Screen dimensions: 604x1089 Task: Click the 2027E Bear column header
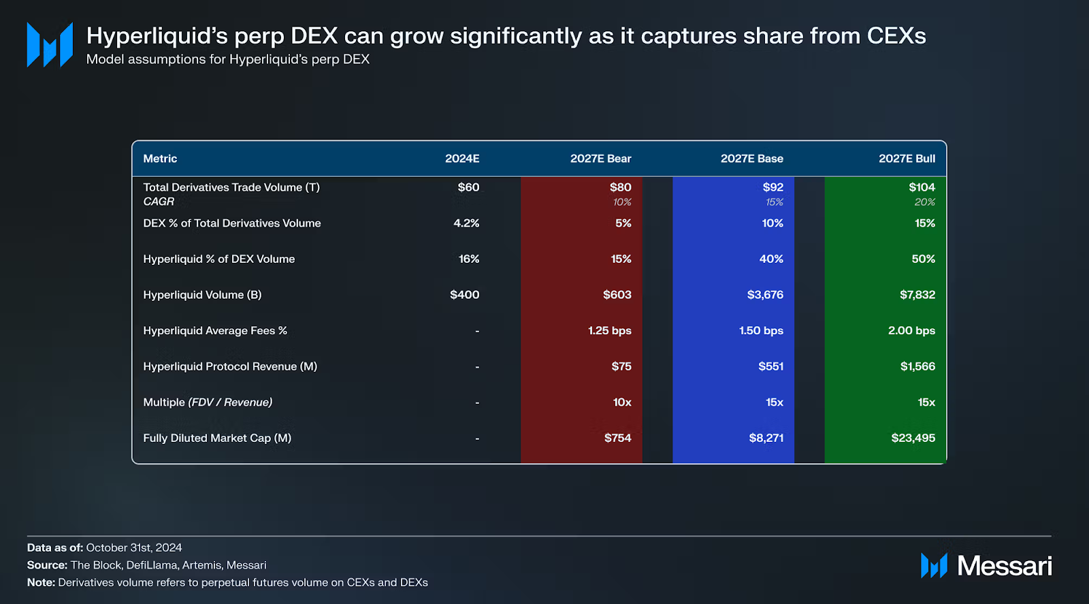click(x=600, y=159)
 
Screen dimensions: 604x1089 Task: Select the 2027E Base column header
click(x=751, y=159)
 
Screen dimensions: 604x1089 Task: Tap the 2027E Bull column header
click(x=907, y=159)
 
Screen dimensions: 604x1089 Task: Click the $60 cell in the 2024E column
click(x=468, y=187)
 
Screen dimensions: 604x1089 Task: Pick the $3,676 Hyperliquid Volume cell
click(x=765, y=295)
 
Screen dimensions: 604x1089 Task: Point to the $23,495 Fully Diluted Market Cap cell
click(x=913, y=438)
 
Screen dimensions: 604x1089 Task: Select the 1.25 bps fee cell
click(x=609, y=331)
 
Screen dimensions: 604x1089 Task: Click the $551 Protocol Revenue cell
click(x=770, y=366)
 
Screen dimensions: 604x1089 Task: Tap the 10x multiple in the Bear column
click(x=622, y=402)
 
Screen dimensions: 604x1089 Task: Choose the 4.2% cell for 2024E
click(x=466, y=223)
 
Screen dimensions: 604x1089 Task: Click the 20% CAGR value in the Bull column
click(x=924, y=202)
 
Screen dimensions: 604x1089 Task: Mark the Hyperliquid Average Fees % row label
click(x=215, y=331)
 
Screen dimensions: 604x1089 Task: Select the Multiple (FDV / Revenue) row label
click(x=208, y=402)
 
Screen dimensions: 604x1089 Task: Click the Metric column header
click(x=160, y=159)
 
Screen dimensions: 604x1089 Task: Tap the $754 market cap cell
click(x=617, y=438)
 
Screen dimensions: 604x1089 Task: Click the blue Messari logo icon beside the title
click(x=50, y=45)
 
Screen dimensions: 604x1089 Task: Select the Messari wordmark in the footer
click(x=1004, y=566)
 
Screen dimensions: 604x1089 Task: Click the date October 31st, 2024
click(x=134, y=547)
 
